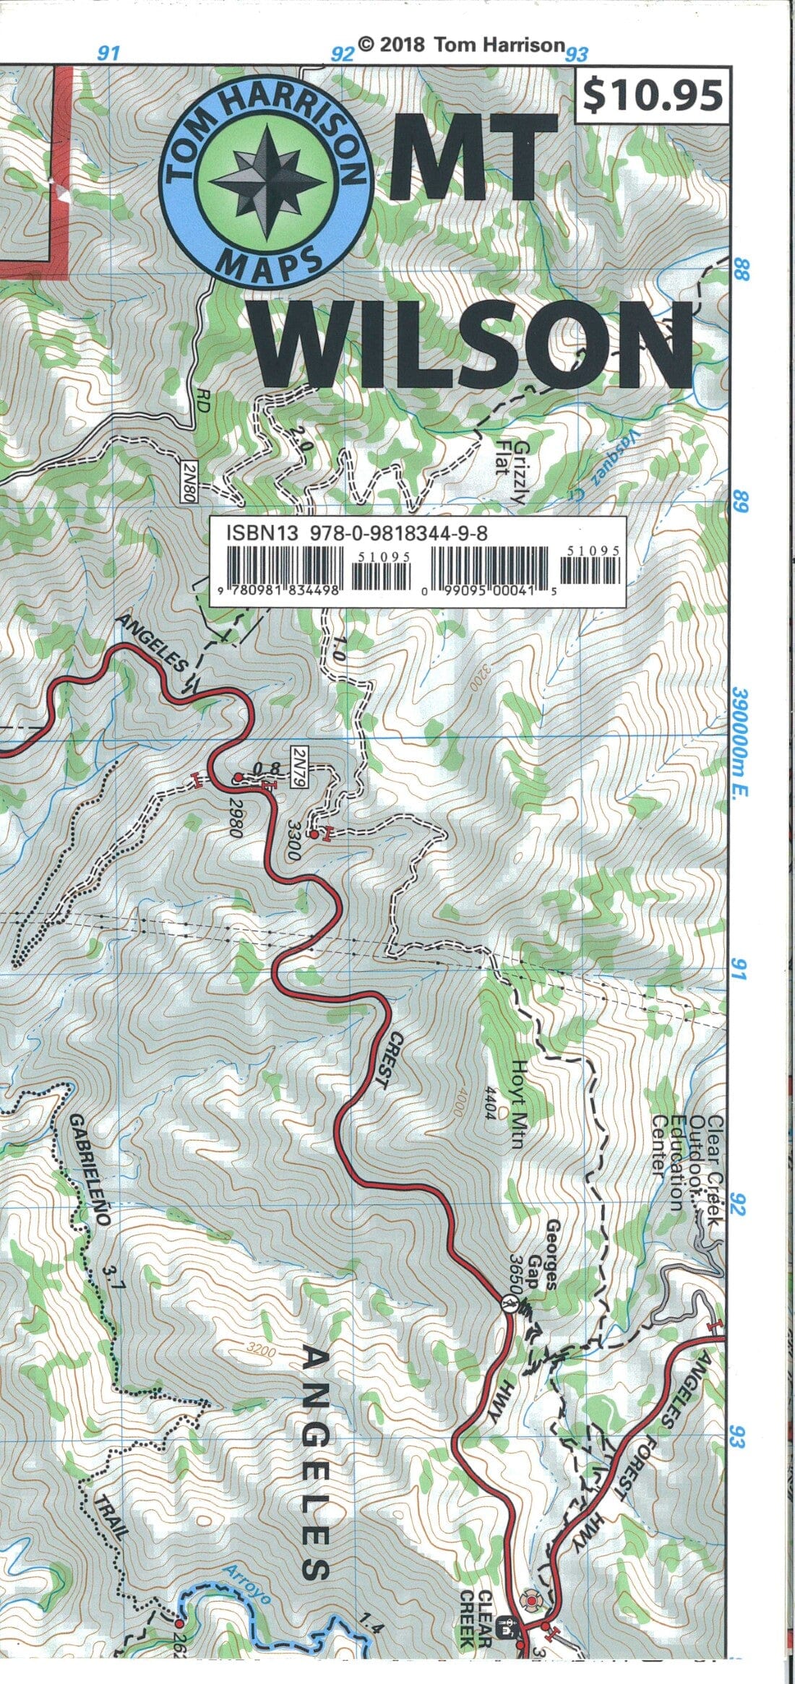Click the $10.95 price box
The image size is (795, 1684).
click(x=652, y=97)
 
